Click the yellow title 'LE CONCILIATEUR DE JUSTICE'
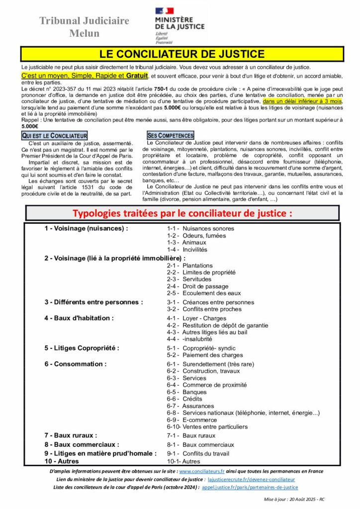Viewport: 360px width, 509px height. click(182, 54)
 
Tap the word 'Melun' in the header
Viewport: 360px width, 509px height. click(84, 34)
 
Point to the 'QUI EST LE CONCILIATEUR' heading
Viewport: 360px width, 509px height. click(55, 136)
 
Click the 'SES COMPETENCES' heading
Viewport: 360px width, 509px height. click(171, 136)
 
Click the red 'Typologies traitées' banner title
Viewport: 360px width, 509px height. click(182, 213)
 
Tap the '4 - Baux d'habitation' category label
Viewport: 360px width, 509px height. click(79, 318)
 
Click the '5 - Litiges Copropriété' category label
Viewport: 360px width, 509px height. click(82, 348)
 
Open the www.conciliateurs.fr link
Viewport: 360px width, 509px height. click(202, 471)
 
